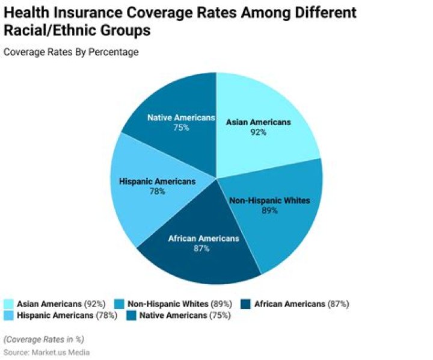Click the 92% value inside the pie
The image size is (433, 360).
click(259, 132)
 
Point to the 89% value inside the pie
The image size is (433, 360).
click(269, 211)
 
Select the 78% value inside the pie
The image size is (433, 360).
click(158, 191)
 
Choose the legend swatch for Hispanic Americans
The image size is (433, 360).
click(8, 315)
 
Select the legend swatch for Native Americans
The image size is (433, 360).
click(131, 315)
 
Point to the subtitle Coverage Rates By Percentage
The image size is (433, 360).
click(71, 52)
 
